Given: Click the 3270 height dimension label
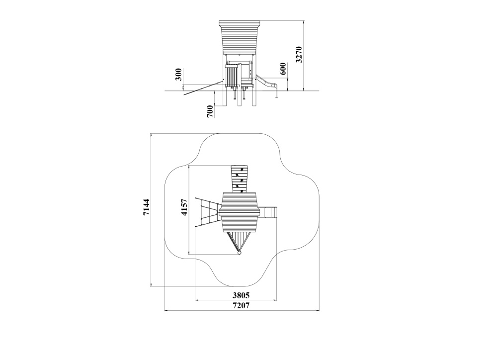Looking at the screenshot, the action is point(299,55).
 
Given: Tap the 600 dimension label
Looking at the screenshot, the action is point(283,69).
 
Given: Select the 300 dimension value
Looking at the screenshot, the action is point(178,74).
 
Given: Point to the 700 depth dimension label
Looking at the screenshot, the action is point(210,112).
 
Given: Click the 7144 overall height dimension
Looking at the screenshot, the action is point(146,207).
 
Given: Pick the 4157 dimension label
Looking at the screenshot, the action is point(184,207).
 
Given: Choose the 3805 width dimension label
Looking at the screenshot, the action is point(241,296).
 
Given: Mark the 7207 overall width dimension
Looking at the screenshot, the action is point(241,306).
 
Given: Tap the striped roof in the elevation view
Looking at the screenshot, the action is point(240,37).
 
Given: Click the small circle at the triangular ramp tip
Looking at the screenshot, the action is point(240,253).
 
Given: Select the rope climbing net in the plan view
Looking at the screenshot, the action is point(207,212).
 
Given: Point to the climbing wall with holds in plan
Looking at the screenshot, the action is point(240,179).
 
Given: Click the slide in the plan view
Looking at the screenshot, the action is point(269,212).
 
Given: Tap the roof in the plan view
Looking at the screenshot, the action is point(240,211).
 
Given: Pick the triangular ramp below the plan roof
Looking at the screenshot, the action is point(240,242).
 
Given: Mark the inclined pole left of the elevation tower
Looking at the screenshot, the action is point(203,88).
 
